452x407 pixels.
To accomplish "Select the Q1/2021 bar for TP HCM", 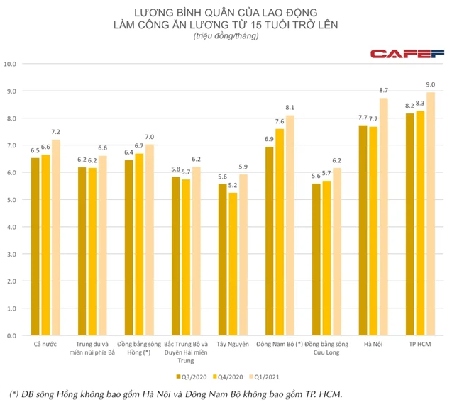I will [x=430, y=213].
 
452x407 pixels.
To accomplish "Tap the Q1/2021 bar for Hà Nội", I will [x=383, y=216].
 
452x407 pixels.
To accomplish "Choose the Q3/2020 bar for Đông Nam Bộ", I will [x=270, y=240].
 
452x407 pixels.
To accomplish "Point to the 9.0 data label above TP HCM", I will [x=430, y=85].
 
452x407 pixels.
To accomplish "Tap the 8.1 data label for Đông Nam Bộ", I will [x=290, y=108].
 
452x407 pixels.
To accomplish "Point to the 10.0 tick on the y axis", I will [x=10, y=64].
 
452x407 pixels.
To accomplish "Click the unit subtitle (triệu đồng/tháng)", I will [x=226, y=37].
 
